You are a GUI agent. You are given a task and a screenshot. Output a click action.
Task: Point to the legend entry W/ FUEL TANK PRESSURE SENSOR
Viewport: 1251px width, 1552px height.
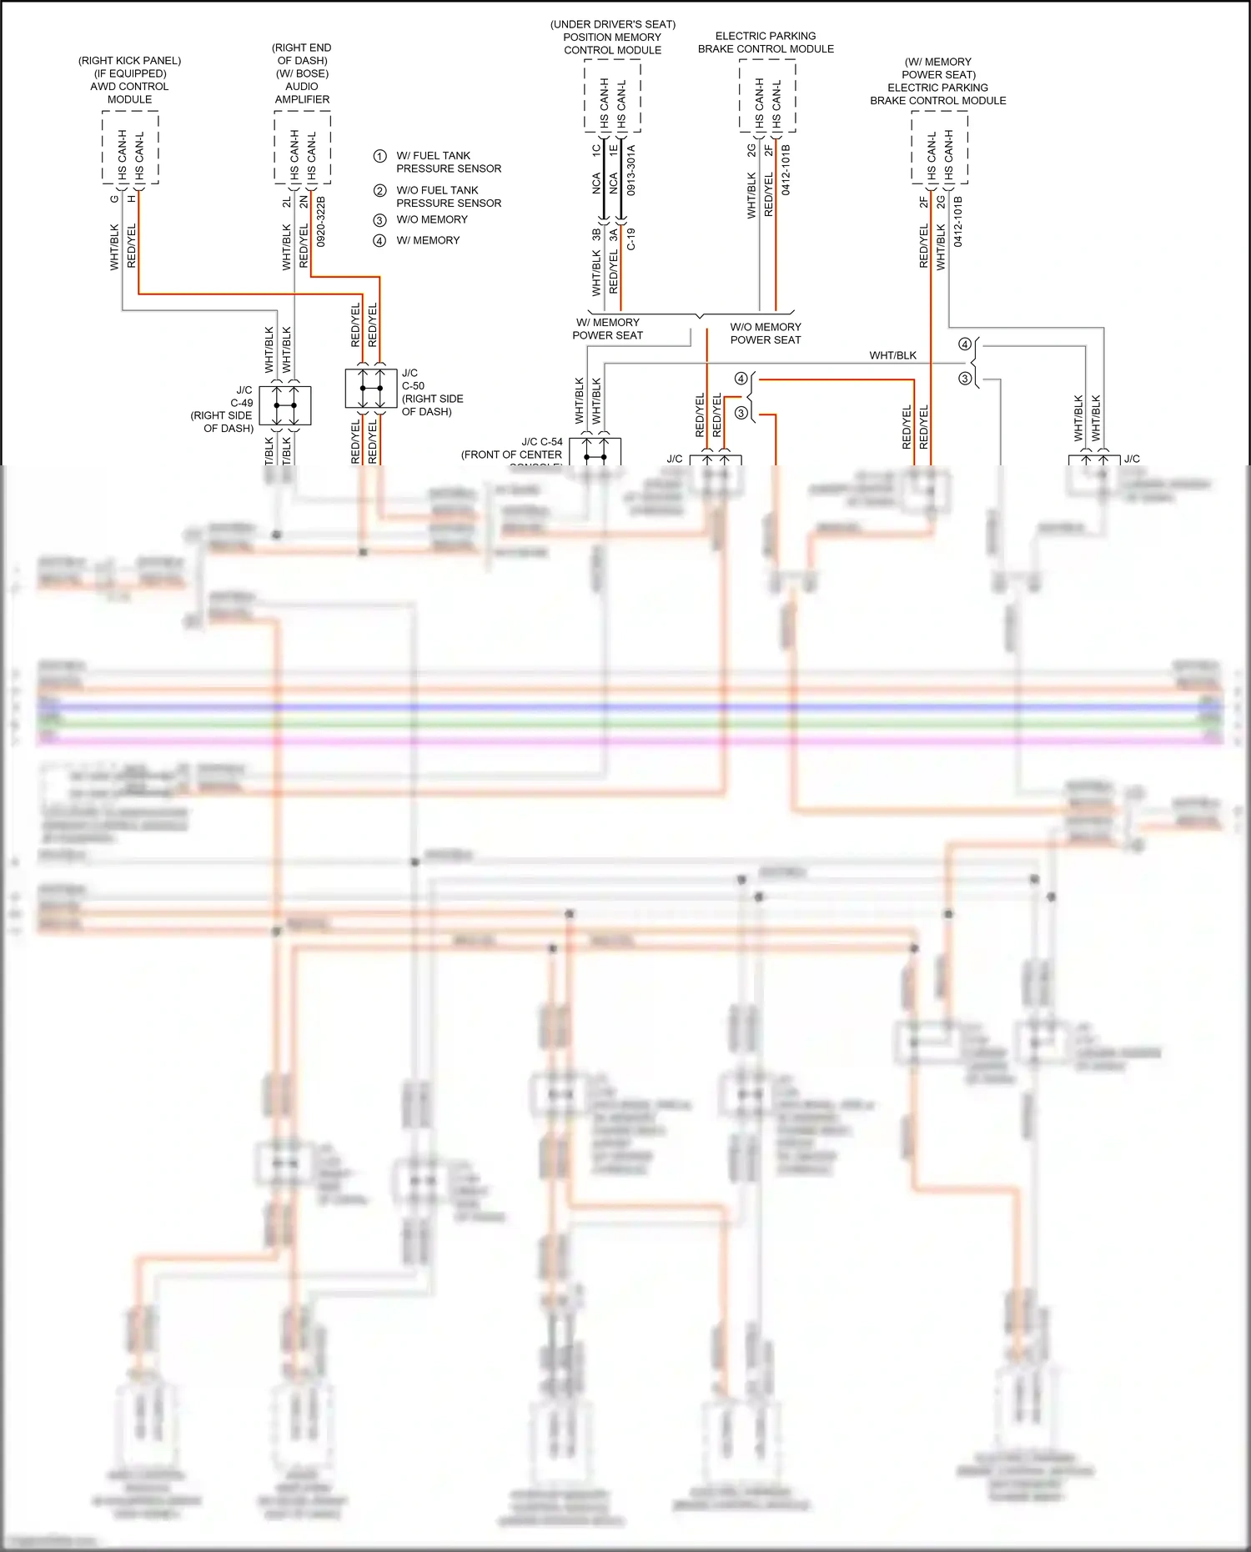click(x=448, y=162)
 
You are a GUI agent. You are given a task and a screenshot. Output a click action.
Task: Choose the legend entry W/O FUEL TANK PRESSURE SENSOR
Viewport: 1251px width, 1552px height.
click(x=448, y=197)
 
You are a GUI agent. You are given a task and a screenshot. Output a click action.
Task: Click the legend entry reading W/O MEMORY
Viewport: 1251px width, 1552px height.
click(x=431, y=219)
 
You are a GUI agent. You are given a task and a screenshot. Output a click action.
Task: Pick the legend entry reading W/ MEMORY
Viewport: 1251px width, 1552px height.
click(x=428, y=240)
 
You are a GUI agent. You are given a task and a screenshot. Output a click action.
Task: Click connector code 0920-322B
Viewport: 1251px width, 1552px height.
click(x=321, y=221)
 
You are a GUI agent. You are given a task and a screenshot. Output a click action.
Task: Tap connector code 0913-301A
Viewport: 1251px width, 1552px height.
click(x=631, y=170)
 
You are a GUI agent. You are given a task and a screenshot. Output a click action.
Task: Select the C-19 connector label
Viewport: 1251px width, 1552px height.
click(x=631, y=239)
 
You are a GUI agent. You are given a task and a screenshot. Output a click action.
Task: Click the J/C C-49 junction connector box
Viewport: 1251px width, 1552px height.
click(x=285, y=405)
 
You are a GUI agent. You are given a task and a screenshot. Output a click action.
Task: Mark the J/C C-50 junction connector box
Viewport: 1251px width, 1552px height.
click(x=371, y=389)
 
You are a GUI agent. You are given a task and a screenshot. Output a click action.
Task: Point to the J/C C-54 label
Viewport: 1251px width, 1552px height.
click(x=541, y=442)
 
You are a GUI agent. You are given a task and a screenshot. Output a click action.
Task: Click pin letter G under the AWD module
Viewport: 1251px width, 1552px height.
click(x=114, y=198)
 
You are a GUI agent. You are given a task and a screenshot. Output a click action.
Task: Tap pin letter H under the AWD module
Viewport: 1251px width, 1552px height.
click(x=132, y=198)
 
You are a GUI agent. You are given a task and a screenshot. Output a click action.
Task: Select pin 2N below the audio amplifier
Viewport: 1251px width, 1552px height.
click(x=304, y=202)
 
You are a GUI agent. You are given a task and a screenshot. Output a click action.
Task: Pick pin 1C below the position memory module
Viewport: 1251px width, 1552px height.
click(x=596, y=150)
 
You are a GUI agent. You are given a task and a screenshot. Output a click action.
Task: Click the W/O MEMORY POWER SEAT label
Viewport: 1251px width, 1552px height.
click(x=765, y=334)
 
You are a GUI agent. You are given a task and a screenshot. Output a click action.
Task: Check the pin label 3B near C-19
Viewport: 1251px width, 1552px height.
click(x=596, y=234)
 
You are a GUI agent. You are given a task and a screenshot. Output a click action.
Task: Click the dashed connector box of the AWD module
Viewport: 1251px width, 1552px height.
click(x=130, y=148)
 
